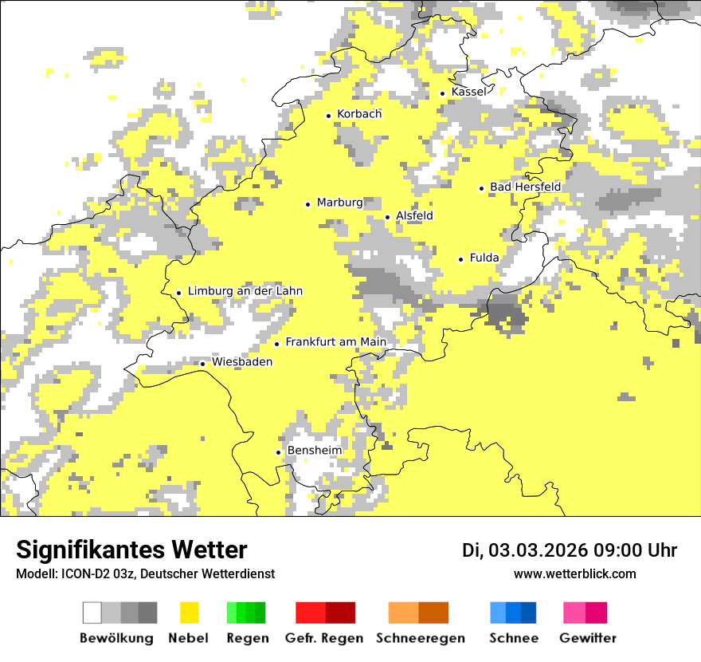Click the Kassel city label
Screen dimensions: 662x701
pyautogui.click(x=468, y=92)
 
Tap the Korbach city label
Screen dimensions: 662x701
pyautogui.click(x=359, y=114)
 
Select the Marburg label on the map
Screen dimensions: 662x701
pyautogui.click(x=339, y=203)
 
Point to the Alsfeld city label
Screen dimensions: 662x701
pyautogui.click(x=414, y=215)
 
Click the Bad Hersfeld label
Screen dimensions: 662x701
pyautogui.click(x=525, y=187)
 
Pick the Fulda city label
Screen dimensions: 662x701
pyautogui.click(x=484, y=258)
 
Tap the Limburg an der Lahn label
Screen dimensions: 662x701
pyautogui.click(x=245, y=291)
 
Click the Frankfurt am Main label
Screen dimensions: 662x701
pyautogui.click(x=335, y=342)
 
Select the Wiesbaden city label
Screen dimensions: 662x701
pyautogui.click(x=242, y=362)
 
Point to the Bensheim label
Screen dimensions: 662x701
pyautogui.click(x=314, y=451)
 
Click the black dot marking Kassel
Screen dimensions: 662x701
pyautogui.click(x=443, y=93)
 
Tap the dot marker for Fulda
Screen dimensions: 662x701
pyautogui.click(x=460, y=259)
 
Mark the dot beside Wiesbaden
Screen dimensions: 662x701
pyautogui.click(x=202, y=364)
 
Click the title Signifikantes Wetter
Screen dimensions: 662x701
pyautogui.click(x=131, y=550)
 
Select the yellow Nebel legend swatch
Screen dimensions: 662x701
pyautogui.click(x=190, y=613)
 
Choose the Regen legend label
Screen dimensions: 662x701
pyautogui.click(x=247, y=638)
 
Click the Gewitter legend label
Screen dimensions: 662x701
pyautogui.click(x=588, y=638)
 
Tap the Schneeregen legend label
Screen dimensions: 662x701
pyautogui.click(x=421, y=638)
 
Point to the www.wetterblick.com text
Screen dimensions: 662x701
pyautogui.click(x=574, y=573)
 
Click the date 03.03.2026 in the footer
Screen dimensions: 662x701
pyautogui.click(x=538, y=550)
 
